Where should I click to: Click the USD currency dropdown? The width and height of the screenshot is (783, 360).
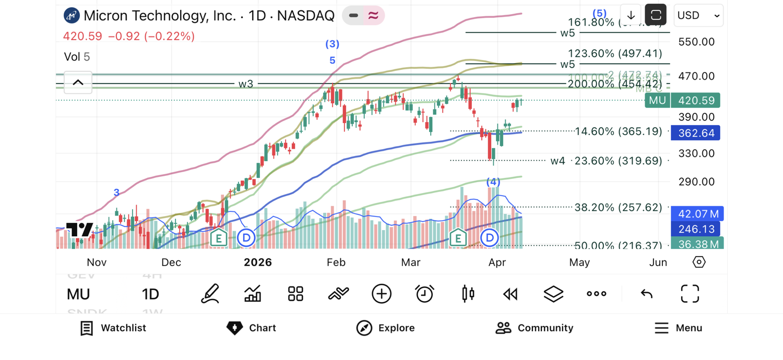(698, 16)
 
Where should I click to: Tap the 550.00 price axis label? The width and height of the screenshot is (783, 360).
(696, 42)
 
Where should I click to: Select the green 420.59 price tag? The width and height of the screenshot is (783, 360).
(695, 100)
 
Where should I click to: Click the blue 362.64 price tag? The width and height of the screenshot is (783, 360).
(695, 133)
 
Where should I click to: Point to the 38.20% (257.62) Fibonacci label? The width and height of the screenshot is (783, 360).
(618, 208)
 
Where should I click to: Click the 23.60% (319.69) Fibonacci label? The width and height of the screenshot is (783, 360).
(618, 161)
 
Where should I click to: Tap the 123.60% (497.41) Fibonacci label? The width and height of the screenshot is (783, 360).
(615, 53)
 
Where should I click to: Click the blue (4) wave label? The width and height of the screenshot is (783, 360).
(493, 182)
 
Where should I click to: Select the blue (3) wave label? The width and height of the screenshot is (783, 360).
(333, 44)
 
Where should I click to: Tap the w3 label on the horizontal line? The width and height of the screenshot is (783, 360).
(246, 83)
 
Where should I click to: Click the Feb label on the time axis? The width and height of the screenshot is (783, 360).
(336, 262)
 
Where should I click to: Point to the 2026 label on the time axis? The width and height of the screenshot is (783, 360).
(258, 262)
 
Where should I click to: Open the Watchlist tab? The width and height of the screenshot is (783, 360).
(113, 328)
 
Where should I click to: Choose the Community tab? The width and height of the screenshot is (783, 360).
(534, 328)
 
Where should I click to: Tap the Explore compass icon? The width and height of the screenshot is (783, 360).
(364, 328)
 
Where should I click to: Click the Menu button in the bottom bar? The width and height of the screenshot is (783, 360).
(679, 328)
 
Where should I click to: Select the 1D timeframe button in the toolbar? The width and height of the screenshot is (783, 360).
(150, 294)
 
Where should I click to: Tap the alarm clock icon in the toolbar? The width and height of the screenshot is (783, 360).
(424, 294)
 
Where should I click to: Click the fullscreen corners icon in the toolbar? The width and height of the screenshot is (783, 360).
(690, 294)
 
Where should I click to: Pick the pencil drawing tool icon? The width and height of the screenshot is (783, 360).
(210, 294)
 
